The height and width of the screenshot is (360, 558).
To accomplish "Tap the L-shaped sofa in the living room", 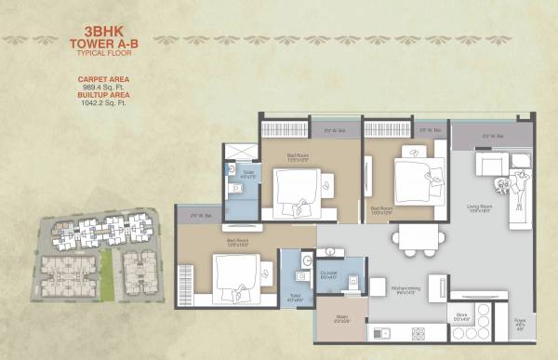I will click(507, 181).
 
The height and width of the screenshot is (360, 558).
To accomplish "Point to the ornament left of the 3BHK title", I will click(37, 40).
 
